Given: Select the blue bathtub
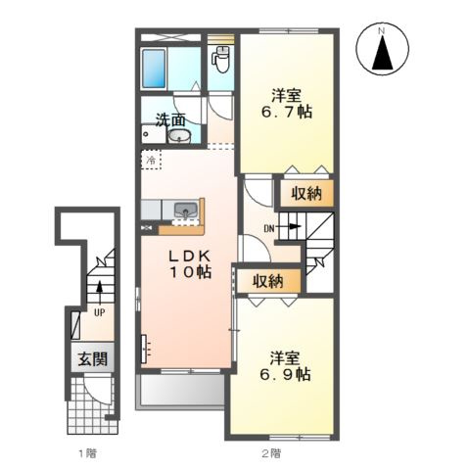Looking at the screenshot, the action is click(x=154, y=69).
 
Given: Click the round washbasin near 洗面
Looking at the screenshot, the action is click(x=179, y=136).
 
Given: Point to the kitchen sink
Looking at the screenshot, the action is click(x=186, y=211).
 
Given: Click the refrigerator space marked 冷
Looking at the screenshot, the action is click(x=151, y=160).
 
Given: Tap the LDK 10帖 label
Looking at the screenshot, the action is click(x=190, y=264).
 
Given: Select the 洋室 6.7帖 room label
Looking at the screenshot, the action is click(x=286, y=104).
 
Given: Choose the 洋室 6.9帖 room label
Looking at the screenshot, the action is click(x=285, y=366).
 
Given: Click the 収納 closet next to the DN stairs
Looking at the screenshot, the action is click(x=306, y=193).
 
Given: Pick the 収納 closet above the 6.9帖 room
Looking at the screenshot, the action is click(x=268, y=281).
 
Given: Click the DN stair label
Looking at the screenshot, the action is click(x=269, y=229).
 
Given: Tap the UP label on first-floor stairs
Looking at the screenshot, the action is click(x=99, y=312).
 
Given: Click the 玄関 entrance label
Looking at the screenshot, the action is click(x=93, y=359).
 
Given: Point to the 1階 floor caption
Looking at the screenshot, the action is click(x=88, y=453).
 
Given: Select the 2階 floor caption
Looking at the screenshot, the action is click(x=271, y=453).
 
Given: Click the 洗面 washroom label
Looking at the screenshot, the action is click(x=170, y=119).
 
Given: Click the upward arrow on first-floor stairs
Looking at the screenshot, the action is click(x=99, y=292).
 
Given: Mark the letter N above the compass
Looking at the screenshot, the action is click(x=381, y=31).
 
